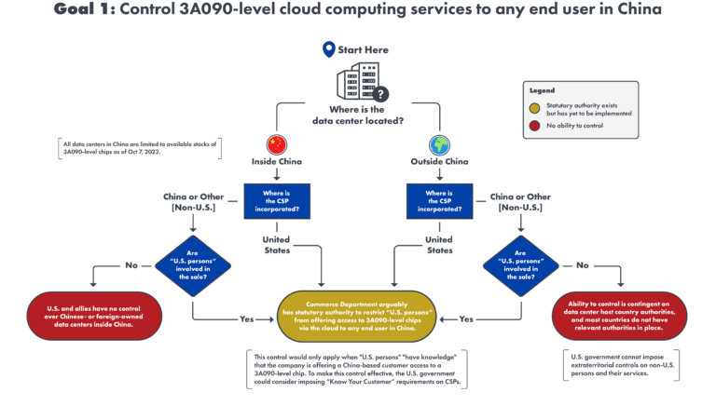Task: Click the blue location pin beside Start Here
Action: [327, 49]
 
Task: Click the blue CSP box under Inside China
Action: [277, 200]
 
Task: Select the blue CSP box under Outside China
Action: [439, 200]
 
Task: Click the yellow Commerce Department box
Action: [358, 315]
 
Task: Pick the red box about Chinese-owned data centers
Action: [91, 315]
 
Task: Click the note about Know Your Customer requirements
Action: [358, 370]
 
